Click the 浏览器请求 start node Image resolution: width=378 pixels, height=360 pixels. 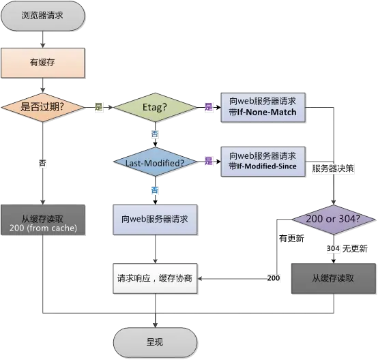click(42, 14)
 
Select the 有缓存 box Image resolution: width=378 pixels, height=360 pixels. click(42, 63)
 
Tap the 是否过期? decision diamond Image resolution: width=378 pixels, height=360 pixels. click(44, 107)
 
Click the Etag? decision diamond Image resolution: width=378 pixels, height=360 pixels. click(154, 107)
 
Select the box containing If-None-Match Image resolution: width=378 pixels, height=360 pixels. click(263, 106)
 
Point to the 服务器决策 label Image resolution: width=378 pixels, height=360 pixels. click(332, 168)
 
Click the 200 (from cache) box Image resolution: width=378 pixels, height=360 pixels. click(44, 221)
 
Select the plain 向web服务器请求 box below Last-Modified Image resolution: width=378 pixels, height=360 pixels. click(154, 221)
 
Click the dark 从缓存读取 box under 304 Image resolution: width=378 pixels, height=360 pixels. click(334, 279)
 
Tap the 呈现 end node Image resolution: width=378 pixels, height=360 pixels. click(154, 341)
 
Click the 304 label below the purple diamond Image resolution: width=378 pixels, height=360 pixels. click(332, 249)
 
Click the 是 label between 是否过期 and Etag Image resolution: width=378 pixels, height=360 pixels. click(98, 107)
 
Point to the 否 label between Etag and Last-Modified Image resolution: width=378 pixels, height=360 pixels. click(154, 134)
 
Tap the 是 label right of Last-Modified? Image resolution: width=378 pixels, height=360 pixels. click(208, 162)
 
